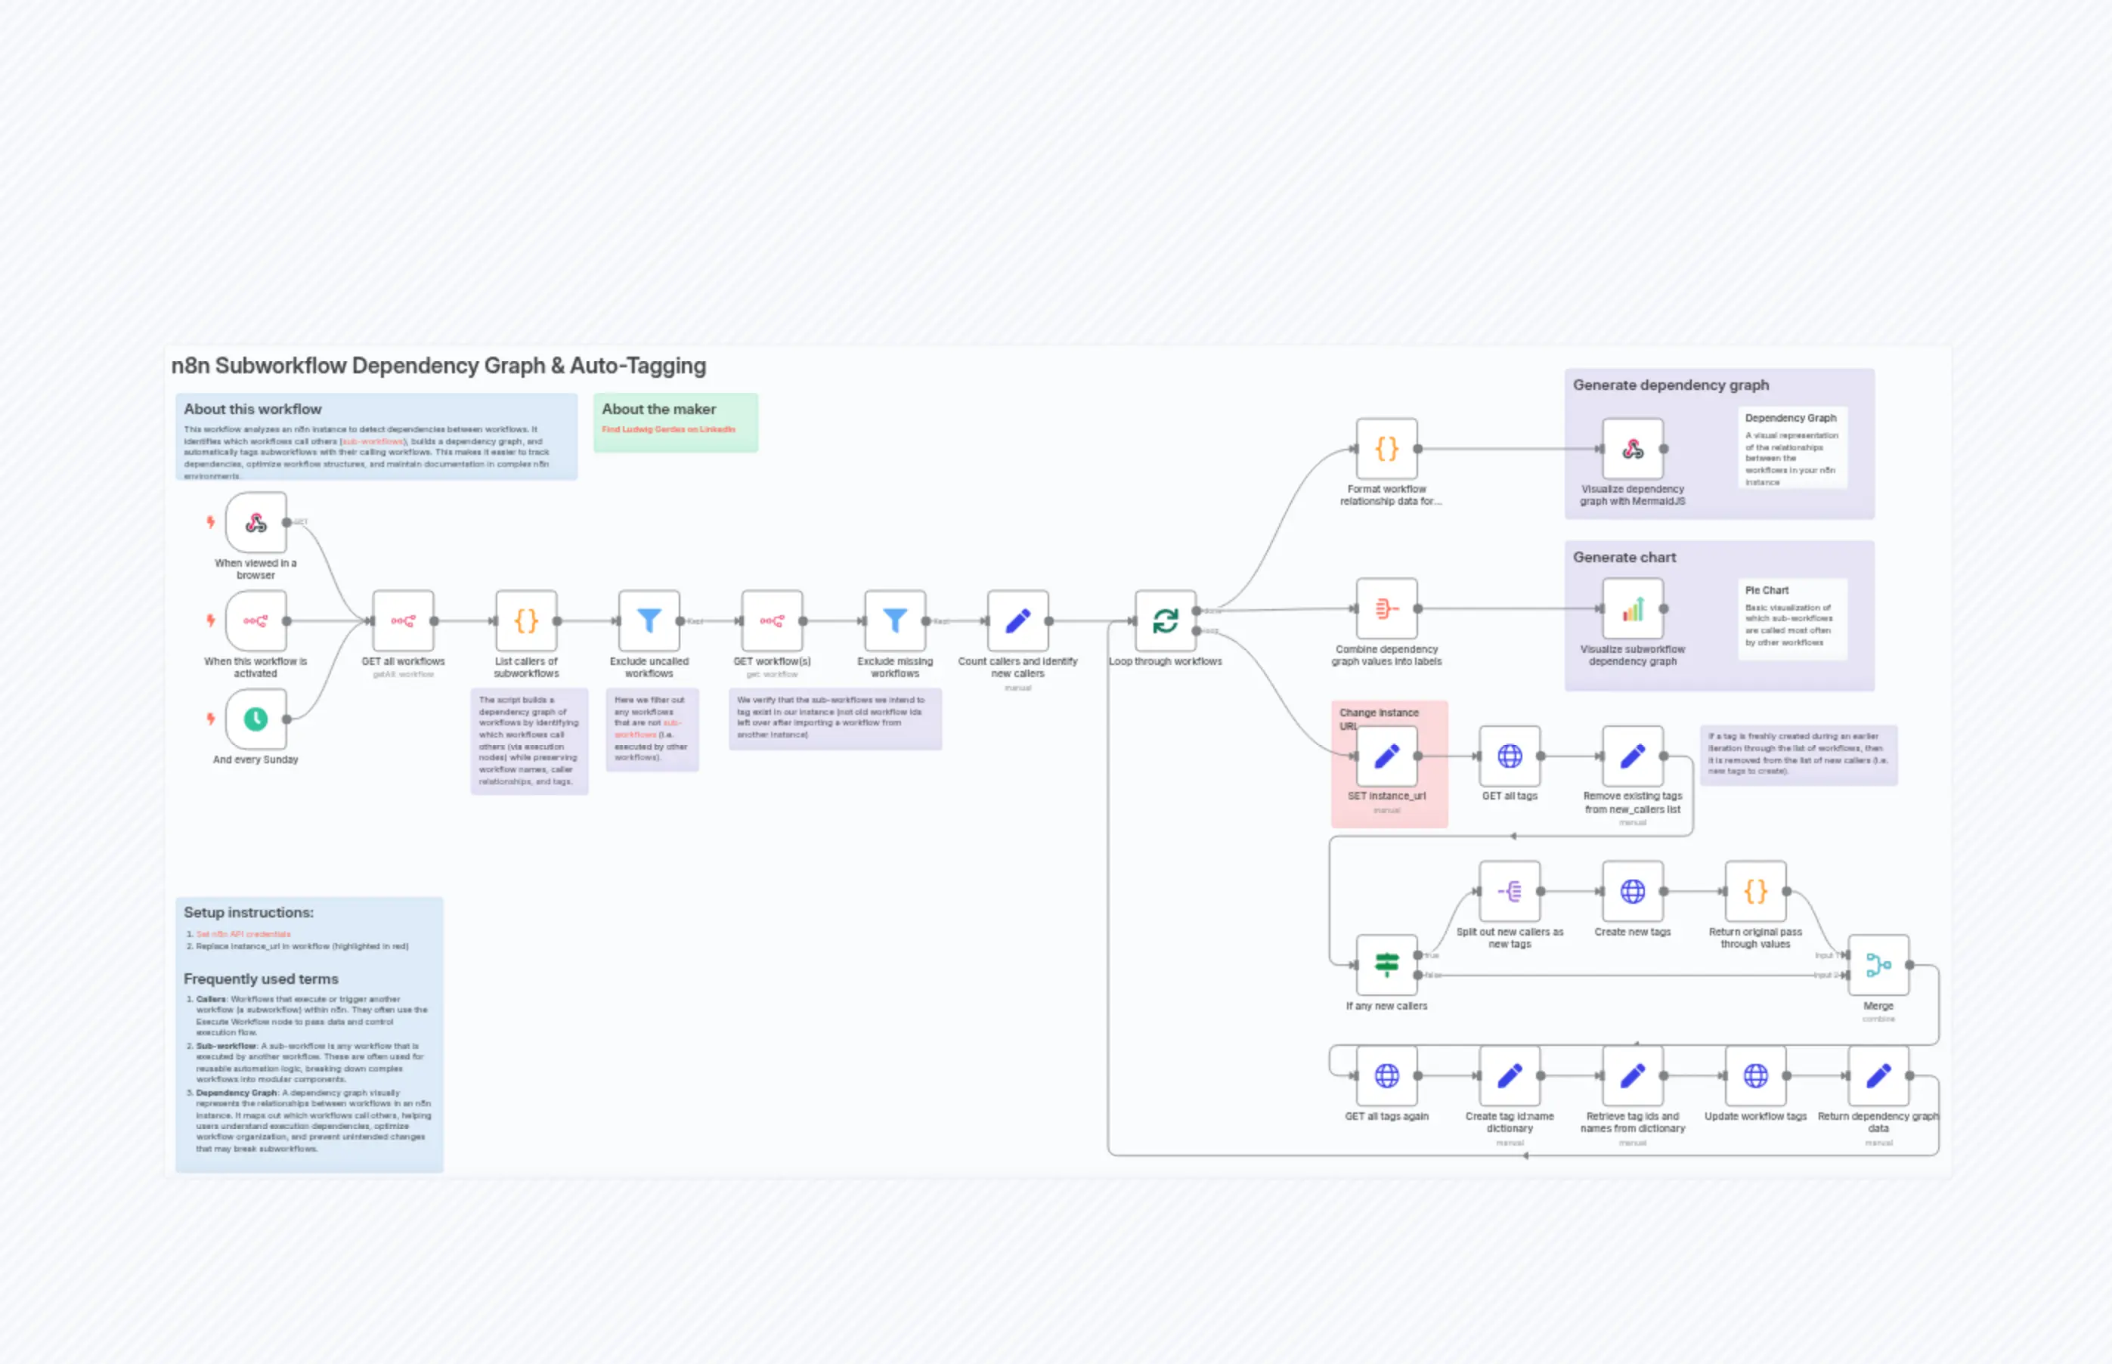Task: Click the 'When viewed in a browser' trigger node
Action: click(256, 523)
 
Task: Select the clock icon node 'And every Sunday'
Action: click(256, 719)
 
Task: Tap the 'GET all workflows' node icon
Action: click(403, 621)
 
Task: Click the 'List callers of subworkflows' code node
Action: click(526, 621)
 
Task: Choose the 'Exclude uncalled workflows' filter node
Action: click(649, 621)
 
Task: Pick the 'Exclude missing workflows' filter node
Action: click(895, 621)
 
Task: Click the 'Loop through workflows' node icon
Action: click(1165, 621)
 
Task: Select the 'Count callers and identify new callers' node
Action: click(1018, 621)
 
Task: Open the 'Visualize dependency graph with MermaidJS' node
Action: click(1633, 449)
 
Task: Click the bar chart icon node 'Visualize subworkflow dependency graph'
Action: click(1633, 608)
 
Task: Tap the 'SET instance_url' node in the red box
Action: click(1386, 756)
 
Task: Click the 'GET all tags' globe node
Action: click(1510, 756)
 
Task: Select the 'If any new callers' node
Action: click(1386, 964)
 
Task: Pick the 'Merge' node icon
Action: click(1878, 964)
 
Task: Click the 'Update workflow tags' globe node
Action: click(1755, 1075)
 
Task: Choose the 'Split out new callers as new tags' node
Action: click(1510, 891)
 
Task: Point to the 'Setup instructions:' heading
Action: click(248, 912)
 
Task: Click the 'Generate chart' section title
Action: click(1624, 557)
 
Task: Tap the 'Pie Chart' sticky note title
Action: click(1767, 590)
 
